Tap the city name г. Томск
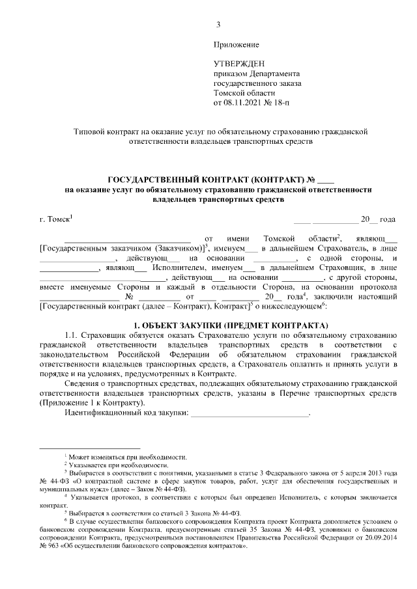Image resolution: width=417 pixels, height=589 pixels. (x=55, y=220)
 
